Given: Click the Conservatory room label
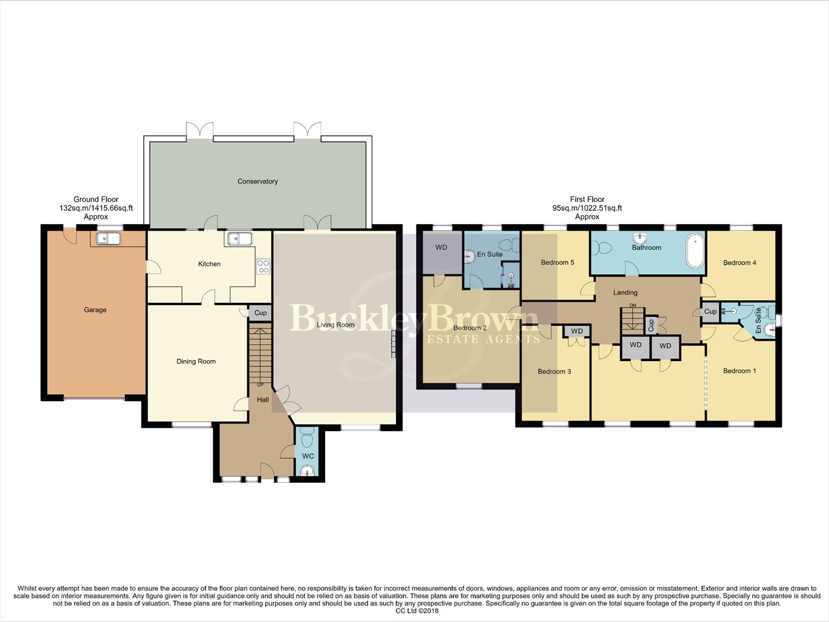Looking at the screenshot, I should [257, 181].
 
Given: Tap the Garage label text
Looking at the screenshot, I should [95, 310].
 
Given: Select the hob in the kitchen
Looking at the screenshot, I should [263, 266].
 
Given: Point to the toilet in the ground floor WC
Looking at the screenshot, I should [307, 439].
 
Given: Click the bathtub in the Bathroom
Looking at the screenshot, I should [696, 251].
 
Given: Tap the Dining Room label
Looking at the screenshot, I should [196, 362].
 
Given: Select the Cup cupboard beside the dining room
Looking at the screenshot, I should [260, 313].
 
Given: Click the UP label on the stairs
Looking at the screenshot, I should [260, 385].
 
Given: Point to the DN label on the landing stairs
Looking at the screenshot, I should [633, 305].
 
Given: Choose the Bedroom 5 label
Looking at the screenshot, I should [557, 263].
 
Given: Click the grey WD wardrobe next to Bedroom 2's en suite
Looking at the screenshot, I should [441, 248].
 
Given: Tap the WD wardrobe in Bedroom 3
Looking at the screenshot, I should [576, 331].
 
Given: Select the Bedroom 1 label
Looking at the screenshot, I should [739, 371].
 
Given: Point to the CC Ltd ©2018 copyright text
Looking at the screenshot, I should [417, 611].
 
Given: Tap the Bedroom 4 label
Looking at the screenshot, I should [739, 263].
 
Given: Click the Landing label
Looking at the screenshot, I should [625, 293].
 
